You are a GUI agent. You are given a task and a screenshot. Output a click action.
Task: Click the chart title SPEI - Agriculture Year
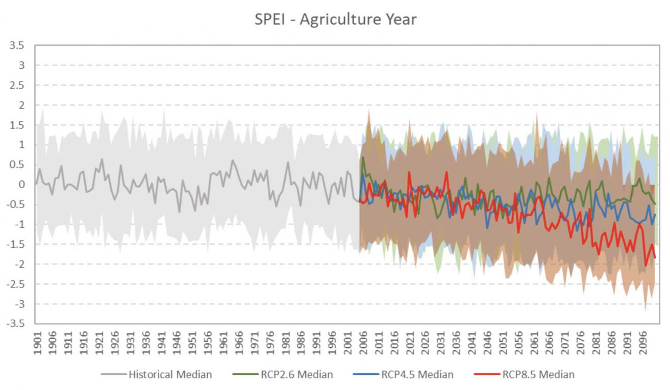[x=335, y=19]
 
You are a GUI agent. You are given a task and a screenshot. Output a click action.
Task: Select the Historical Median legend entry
[x=156, y=374]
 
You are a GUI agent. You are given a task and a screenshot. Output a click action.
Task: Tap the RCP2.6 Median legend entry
[x=283, y=374]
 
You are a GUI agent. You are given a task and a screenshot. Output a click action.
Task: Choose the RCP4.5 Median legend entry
[x=403, y=374]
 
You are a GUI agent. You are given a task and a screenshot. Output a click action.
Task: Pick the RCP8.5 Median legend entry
[x=525, y=374]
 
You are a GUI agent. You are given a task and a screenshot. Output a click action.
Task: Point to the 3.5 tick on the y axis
[x=17, y=45]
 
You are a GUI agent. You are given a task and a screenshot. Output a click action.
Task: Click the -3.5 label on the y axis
[x=15, y=323]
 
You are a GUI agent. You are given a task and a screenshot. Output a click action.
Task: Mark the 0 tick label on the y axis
[x=21, y=185]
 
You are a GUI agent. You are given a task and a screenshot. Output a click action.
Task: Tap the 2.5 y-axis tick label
[x=17, y=85]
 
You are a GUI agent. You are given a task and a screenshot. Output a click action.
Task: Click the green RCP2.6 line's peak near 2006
[x=363, y=157]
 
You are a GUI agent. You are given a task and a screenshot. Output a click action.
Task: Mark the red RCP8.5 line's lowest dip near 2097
[x=646, y=266]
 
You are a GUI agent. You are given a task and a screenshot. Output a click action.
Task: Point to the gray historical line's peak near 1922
[x=102, y=159]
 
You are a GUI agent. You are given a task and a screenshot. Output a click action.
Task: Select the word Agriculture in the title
[x=340, y=20]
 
